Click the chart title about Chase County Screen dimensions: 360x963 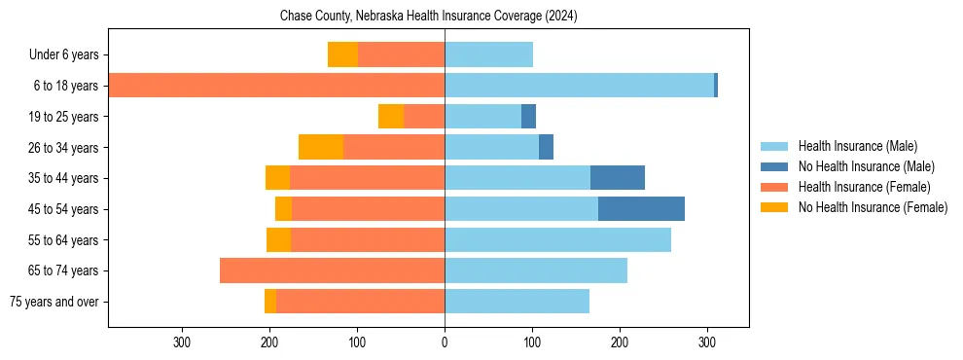pos(428,17)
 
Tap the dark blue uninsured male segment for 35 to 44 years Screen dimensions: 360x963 pos(618,178)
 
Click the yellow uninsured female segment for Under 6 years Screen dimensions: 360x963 pos(342,54)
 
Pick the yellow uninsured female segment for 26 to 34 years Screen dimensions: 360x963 pos(321,147)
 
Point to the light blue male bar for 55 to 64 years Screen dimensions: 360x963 pos(557,239)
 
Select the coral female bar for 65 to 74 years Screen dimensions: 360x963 pos(332,270)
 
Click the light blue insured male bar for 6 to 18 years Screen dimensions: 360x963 pos(579,86)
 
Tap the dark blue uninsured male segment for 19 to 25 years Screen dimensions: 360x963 pos(528,117)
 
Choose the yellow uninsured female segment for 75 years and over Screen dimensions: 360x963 pos(270,302)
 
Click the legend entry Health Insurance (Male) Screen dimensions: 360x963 pos(857,146)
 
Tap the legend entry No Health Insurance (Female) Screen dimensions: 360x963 pos(873,207)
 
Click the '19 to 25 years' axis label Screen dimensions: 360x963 pos(64,117)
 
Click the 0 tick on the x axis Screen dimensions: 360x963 pos(445,342)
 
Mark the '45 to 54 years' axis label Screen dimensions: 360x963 pos(64,209)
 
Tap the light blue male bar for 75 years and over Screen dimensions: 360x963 pos(517,302)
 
